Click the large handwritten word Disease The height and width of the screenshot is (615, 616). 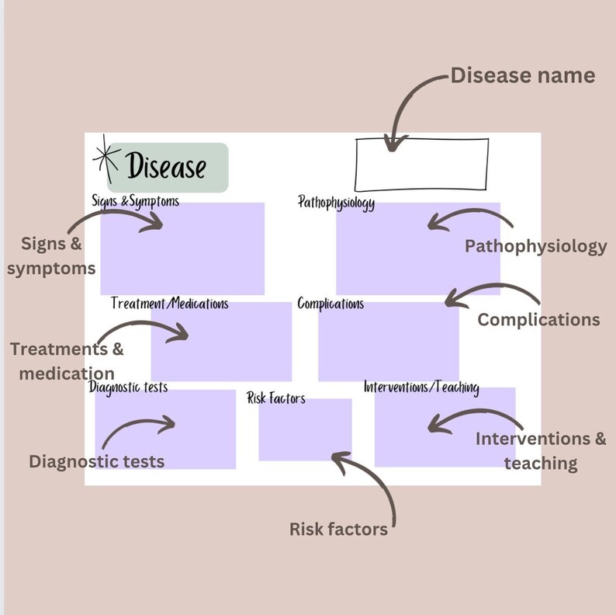pos(167,166)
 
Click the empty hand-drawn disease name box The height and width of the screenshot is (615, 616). pos(422,164)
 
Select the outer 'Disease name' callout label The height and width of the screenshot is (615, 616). pos(523,75)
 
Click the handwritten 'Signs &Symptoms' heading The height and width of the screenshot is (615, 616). pos(136,202)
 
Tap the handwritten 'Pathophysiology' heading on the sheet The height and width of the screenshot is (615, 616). pos(337,203)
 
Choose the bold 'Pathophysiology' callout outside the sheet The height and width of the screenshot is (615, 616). pos(535,246)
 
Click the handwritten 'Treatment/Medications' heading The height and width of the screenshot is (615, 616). pos(170,303)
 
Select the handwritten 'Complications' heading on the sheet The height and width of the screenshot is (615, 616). pos(330,304)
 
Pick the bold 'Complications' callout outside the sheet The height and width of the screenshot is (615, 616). pos(538,319)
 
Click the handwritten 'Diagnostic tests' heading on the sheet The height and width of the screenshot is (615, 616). pos(128,387)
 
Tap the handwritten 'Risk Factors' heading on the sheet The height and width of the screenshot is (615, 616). pos(276,398)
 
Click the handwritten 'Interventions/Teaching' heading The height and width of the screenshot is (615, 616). pos(421,387)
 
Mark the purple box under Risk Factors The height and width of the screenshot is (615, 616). pos(305,430)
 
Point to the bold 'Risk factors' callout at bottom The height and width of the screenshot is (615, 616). pos(338,530)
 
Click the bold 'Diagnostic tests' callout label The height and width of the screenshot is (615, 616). pos(97,461)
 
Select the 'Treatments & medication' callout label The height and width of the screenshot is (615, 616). pos(67,361)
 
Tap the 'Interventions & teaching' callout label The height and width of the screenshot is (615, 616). pos(541,450)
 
